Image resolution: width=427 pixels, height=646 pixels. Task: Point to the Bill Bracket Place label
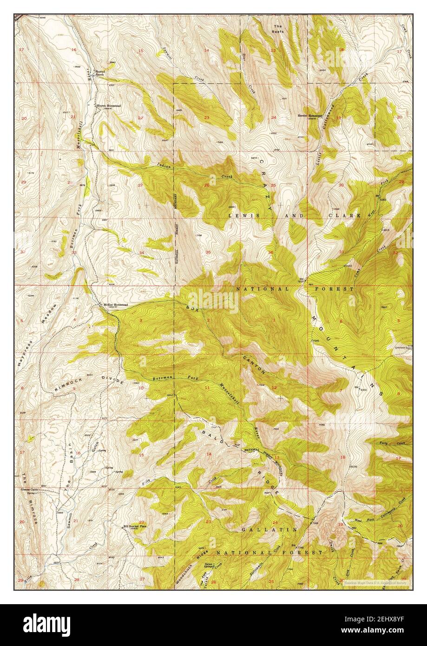pos(135,527)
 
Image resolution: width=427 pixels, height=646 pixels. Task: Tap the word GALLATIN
pos(269,529)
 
